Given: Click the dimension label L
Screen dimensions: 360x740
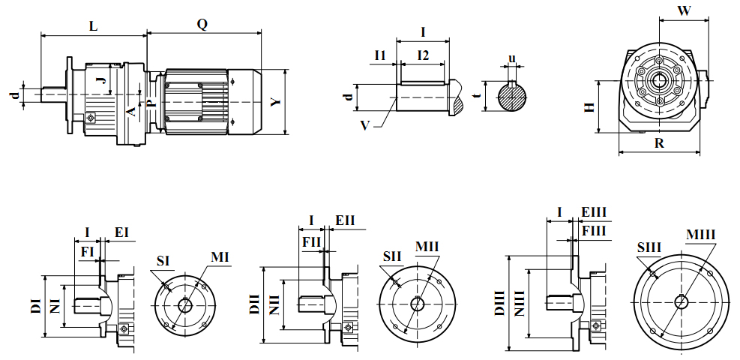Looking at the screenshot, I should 93,25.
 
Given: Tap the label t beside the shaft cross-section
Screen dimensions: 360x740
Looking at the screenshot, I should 477,96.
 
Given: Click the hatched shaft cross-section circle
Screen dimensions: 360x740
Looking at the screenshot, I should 512,97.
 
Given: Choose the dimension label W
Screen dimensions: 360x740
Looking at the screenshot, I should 683,11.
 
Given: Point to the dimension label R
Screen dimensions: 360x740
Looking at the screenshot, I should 659,143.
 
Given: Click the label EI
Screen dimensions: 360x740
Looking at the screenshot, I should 121,232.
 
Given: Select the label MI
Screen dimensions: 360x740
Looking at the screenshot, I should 219,257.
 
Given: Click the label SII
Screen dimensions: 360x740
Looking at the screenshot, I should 391,256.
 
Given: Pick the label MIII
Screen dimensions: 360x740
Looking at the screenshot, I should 700,235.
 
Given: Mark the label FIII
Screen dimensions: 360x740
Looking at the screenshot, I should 593,231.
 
